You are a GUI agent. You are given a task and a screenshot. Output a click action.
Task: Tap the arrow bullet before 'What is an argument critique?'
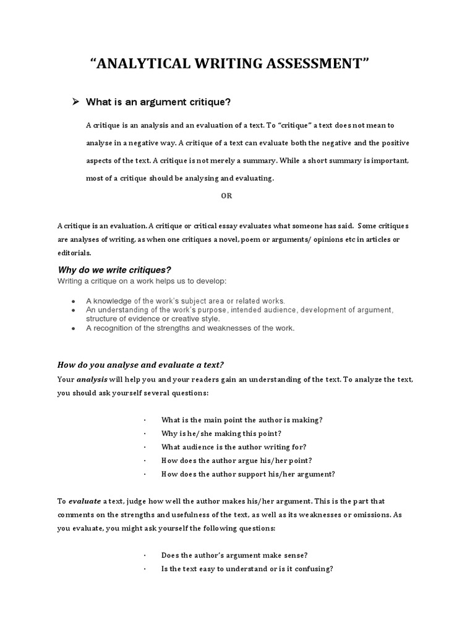click(77, 101)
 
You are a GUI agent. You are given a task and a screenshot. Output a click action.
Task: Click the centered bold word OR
click(226, 195)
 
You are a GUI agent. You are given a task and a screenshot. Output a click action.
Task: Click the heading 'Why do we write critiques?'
click(114, 270)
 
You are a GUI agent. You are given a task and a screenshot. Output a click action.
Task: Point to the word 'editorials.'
click(74, 253)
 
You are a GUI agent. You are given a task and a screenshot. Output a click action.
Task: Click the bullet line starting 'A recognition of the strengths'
click(190, 328)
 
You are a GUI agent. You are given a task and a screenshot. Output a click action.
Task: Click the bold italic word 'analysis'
click(92, 379)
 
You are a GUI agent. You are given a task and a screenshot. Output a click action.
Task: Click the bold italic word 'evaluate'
click(85, 501)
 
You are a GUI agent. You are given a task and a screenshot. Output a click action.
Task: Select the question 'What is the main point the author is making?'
click(242, 420)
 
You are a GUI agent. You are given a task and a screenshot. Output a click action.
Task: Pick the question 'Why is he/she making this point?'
click(221, 433)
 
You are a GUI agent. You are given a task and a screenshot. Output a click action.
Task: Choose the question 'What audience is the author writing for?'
click(233, 447)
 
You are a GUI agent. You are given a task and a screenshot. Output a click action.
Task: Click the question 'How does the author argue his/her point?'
click(236, 461)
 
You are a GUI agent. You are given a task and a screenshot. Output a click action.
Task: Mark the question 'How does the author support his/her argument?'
click(248, 474)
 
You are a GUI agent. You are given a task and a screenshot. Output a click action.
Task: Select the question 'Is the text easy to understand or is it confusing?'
click(247, 569)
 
